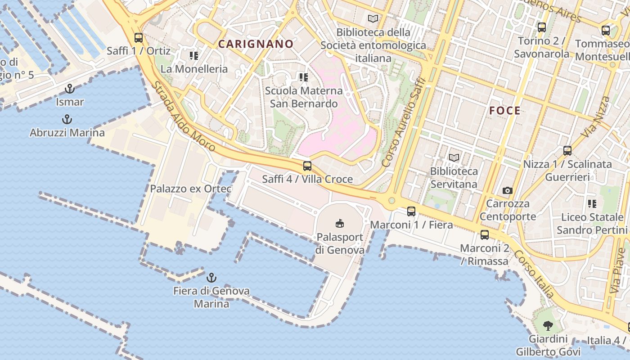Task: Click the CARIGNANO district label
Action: click(256, 44)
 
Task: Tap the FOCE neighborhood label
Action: click(504, 111)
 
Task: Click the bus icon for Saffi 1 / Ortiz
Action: click(139, 38)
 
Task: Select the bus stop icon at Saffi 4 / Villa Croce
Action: click(307, 166)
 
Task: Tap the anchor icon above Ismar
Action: click(70, 88)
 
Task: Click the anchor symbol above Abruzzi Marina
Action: click(67, 120)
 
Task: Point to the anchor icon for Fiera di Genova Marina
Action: click(211, 277)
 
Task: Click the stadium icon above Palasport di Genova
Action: click(340, 223)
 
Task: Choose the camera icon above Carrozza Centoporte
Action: click(508, 191)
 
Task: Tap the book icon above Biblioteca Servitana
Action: click(454, 158)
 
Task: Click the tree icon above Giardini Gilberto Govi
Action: click(548, 325)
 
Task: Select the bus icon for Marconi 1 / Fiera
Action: click(411, 211)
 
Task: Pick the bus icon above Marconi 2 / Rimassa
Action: click(485, 234)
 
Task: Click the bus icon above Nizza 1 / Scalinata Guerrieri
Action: click(567, 151)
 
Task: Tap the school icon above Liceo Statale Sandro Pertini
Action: click(592, 204)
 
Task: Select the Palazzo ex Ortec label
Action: click(191, 189)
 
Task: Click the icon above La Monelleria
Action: click(194, 56)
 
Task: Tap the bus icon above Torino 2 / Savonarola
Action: click(542, 27)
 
